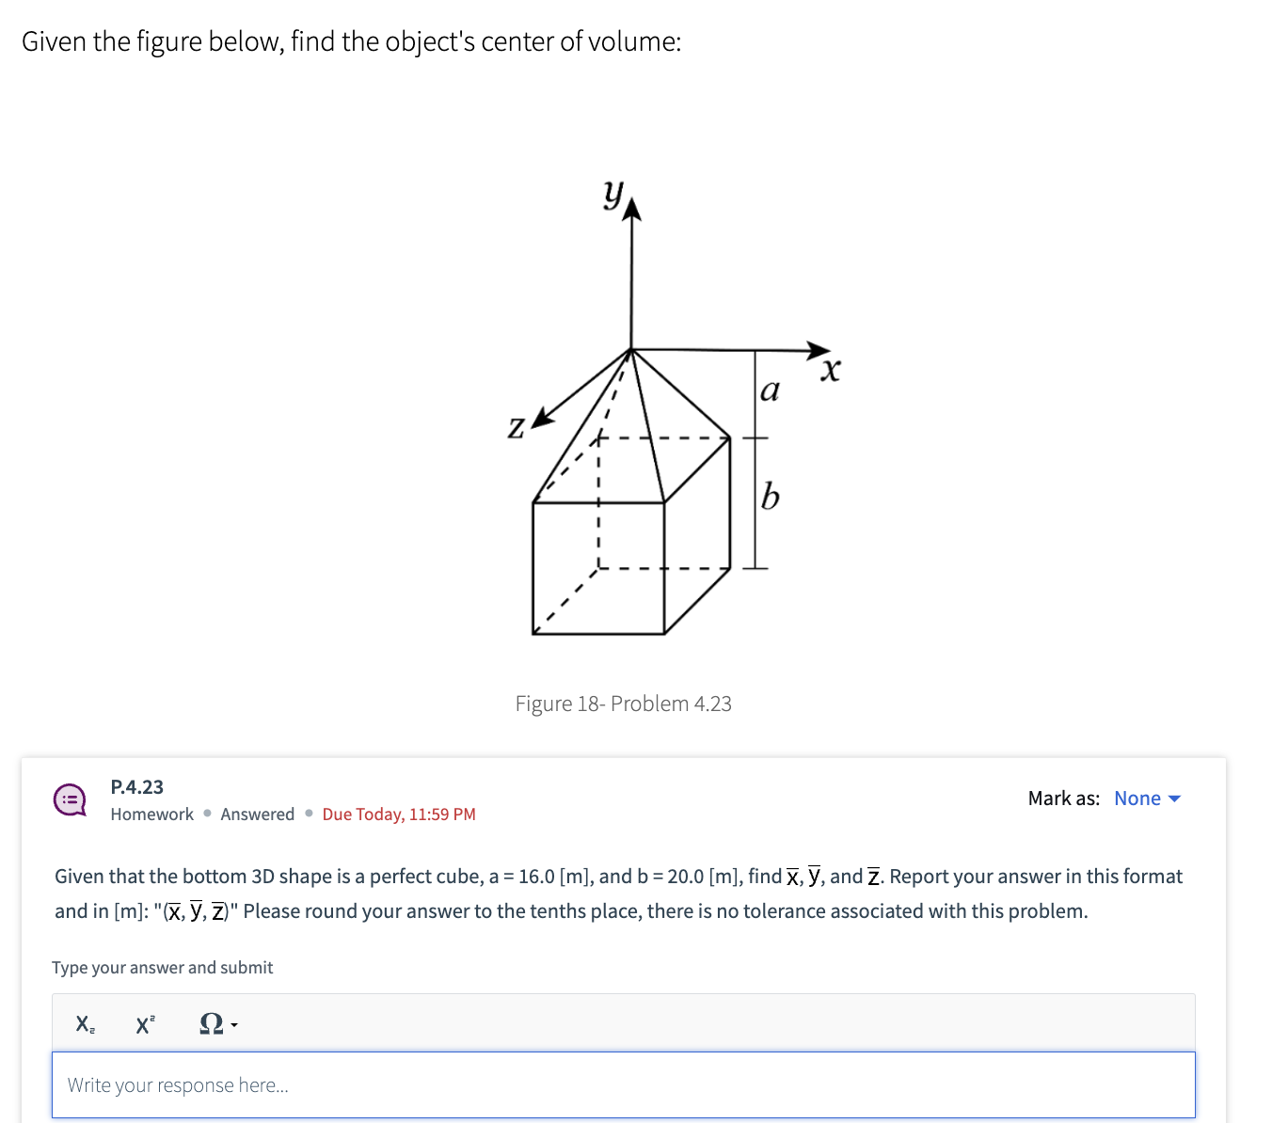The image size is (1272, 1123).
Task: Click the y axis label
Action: coord(613,194)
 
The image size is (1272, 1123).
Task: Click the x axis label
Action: coord(830,370)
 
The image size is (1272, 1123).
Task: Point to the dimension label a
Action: coord(770,389)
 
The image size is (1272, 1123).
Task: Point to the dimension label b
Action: coord(770,496)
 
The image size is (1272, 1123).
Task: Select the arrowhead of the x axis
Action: coord(819,350)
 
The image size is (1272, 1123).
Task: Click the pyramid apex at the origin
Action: coord(631,350)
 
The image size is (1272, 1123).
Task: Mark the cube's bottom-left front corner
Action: coord(533,633)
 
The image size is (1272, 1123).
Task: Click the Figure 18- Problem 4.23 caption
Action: coord(623,704)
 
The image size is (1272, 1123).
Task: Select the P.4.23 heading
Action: coord(136,787)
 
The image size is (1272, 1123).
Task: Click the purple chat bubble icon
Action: coord(70,800)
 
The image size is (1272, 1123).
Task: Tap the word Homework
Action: coord(151,815)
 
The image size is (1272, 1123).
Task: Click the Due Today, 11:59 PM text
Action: coord(399,815)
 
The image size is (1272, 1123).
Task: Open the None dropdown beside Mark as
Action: coord(1147,799)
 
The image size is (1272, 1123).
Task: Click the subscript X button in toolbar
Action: coord(85,1024)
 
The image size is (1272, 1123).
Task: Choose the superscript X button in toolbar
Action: coord(145,1024)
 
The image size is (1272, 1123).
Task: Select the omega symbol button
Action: coord(217,1024)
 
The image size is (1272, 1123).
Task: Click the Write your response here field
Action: coord(623,1085)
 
